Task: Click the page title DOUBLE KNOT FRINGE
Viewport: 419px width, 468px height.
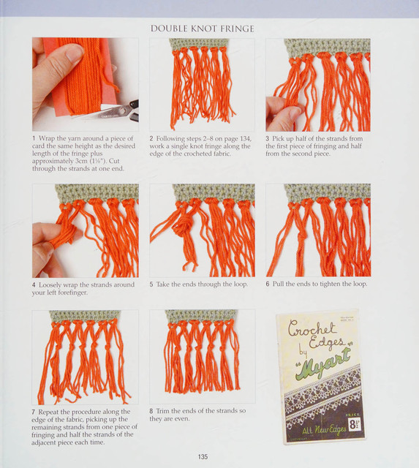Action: [203, 29]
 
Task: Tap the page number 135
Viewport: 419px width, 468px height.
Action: [203, 456]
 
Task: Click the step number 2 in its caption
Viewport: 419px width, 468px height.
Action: [151, 139]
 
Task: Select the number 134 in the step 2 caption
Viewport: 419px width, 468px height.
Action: [244, 139]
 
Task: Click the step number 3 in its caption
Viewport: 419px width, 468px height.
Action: [268, 139]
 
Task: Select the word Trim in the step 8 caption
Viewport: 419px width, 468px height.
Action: [162, 411]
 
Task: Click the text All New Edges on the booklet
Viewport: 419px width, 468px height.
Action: [323, 431]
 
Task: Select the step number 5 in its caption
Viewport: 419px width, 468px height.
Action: [151, 284]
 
